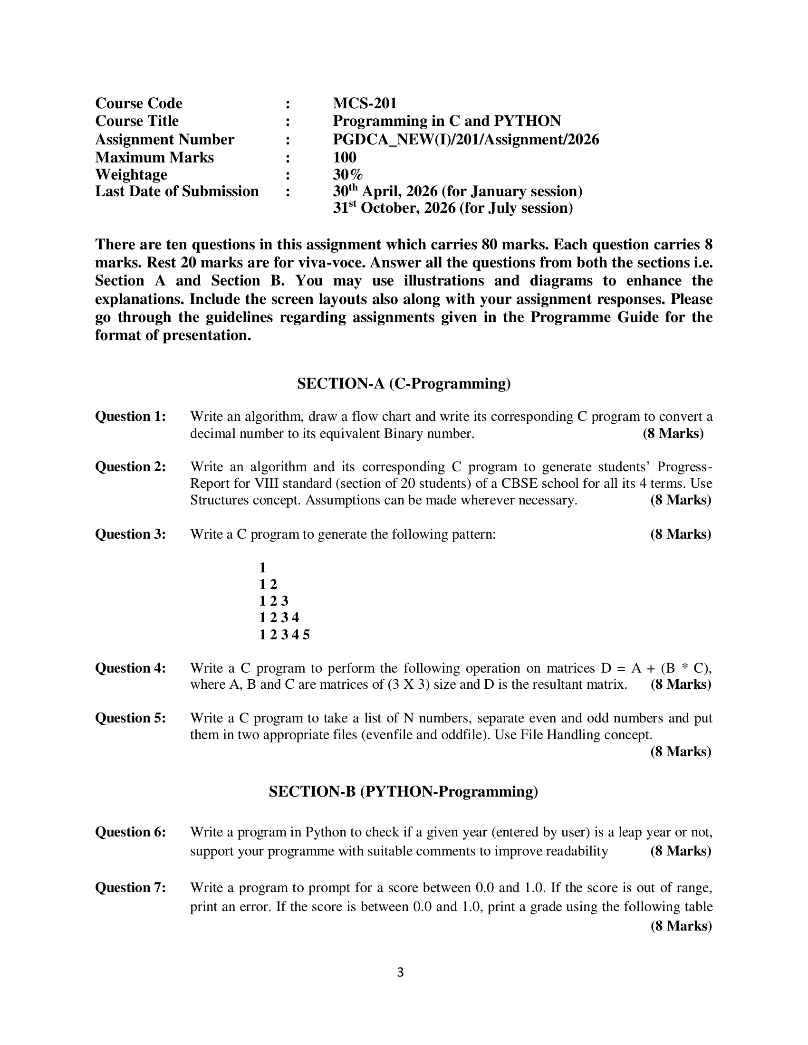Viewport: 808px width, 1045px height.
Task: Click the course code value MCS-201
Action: [x=365, y=104]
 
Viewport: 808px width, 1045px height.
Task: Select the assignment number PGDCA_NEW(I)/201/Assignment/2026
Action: [x=466, y=139]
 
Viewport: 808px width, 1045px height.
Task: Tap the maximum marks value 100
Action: [x=345, y=157]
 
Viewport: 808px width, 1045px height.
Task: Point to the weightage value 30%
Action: [x=348, y=174]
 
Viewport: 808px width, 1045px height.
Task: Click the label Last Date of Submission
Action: [x=177, y=191]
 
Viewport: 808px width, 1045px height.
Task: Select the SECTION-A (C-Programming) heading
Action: [x=404, y=383]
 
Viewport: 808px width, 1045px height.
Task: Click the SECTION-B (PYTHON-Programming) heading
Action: [x=403, y=791]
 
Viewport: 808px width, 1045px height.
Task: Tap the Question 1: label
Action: [x=131, y=416]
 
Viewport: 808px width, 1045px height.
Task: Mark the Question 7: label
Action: [x=131, y=887]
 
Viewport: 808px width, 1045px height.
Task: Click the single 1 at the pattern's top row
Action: [x=262, y=568]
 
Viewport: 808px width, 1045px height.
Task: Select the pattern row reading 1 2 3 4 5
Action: [x=284, y=635]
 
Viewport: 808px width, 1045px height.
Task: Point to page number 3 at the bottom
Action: [x=401, y=972]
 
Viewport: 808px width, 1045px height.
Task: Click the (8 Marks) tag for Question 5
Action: [x=681, y=751]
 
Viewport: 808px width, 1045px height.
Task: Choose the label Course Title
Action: [x=137, y=121]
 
